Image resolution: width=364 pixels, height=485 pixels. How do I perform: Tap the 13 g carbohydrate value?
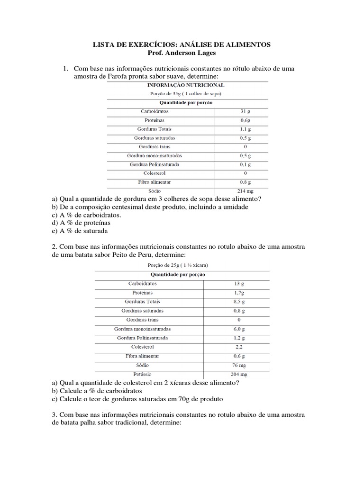pos(239,284)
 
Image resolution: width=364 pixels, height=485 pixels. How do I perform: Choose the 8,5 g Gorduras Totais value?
pos(239,302)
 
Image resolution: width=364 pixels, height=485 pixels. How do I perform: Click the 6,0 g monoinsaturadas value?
pos(239,329)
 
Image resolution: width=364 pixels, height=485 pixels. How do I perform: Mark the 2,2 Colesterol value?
pos(239,347)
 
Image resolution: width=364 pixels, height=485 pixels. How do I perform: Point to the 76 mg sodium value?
pos(239,365)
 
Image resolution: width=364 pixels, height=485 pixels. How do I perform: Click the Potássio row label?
pos(142,374)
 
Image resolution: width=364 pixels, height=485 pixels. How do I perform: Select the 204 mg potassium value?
pos(239,374)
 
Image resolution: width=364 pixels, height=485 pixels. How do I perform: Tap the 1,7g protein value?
pos(239,293)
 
